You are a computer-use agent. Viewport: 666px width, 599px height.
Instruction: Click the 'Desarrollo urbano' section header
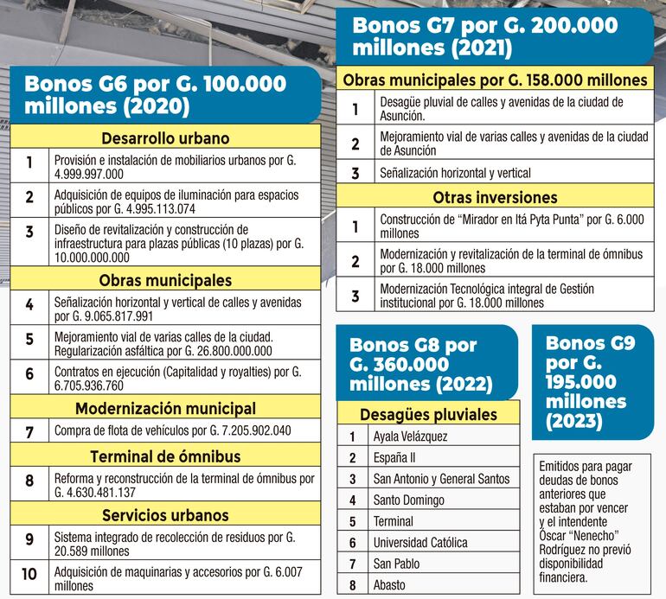(x=165, y=138)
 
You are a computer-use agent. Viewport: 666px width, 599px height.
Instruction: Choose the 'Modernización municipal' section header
(x=165, y=408)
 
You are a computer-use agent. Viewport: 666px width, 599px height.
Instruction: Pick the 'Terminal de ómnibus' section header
(x=165, y=456)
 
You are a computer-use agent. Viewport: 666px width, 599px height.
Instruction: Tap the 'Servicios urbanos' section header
(x=165, y=515)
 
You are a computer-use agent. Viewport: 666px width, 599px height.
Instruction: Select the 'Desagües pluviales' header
(x=428, y=413)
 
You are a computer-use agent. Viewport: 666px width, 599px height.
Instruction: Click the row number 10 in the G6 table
(x=29, y=577)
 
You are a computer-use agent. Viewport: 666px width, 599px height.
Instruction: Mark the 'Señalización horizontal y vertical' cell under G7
(x=512, y=173)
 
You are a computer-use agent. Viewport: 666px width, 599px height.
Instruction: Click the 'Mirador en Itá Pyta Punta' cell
(x=512, y=226)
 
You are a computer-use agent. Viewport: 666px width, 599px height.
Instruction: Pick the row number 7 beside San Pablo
(x=352, y=564)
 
